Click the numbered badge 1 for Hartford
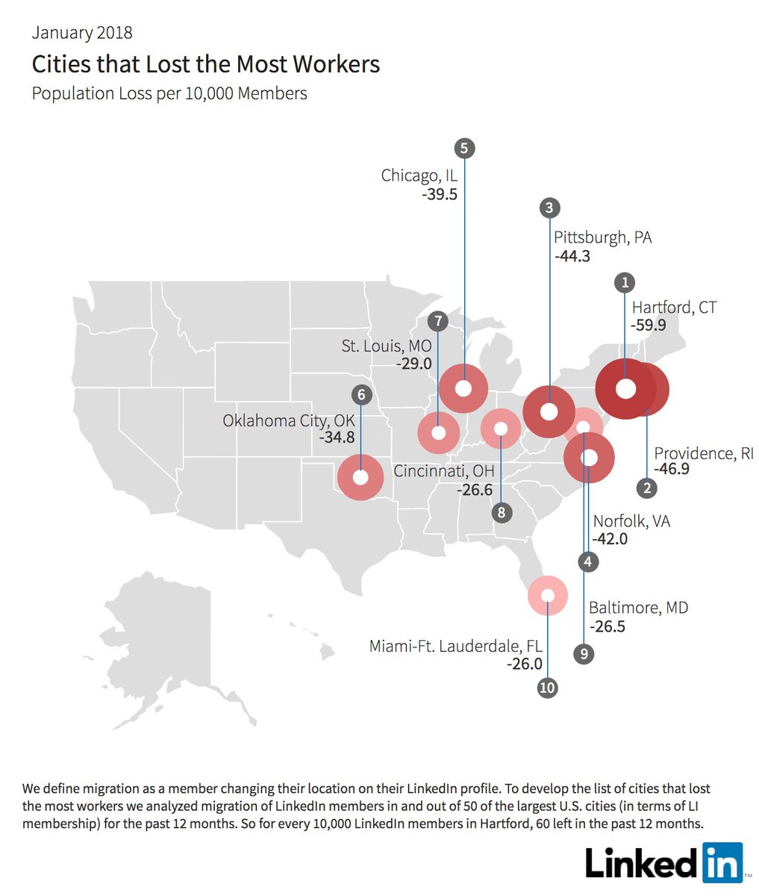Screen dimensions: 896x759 (625, 283)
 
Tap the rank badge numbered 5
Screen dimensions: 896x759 (464, 148)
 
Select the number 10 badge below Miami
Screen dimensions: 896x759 (547, 688)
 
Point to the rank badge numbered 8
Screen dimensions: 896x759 (502, 512)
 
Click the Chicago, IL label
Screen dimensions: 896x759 (419, 175)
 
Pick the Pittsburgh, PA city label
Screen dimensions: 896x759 (602, 237)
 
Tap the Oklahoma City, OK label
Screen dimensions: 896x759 (289, 421)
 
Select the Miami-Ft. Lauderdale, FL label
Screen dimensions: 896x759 (455, 646)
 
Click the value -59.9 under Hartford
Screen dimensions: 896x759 (648, 326)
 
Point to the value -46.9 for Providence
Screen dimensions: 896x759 (672, 470)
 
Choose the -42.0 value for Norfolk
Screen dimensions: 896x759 (610, 538)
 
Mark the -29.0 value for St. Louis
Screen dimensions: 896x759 (414, 364)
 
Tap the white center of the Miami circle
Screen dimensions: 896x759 (547, 595)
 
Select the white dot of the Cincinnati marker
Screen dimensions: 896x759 (502, 429)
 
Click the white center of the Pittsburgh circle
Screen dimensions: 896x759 (549, 411)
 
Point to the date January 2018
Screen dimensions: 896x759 (82, 33)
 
